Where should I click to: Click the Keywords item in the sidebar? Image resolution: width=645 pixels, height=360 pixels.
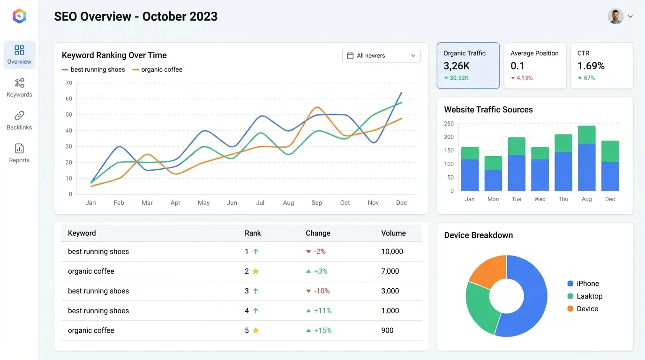[19, 88]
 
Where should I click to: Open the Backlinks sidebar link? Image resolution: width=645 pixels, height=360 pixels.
[19, 120]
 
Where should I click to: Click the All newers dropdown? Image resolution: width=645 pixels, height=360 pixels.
[381, 56]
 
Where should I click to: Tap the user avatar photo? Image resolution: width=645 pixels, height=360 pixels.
[615, 16]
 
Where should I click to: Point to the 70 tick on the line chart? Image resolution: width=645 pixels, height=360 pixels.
[69, 83]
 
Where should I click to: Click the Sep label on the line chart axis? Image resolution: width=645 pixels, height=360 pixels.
[316, 203]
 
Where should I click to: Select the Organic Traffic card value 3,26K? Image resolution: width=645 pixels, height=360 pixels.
[457, 66]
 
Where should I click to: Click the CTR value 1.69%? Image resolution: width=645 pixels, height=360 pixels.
[591, 66]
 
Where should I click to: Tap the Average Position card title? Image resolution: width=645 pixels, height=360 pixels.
[534, 53]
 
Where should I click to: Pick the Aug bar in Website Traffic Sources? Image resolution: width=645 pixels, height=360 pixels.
[586, 158]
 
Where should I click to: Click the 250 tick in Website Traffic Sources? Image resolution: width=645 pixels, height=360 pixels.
[449, 124]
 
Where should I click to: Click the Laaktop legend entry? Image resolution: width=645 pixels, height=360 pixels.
[589, 296]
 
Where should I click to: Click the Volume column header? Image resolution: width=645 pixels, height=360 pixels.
[393, 233]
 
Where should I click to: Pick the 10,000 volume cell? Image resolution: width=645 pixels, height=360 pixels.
[392, 252]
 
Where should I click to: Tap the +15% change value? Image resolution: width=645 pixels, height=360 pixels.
[322, 330]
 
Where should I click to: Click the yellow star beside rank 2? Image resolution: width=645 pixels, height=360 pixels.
[255, 271]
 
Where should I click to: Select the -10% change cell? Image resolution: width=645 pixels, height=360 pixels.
[322, 291]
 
